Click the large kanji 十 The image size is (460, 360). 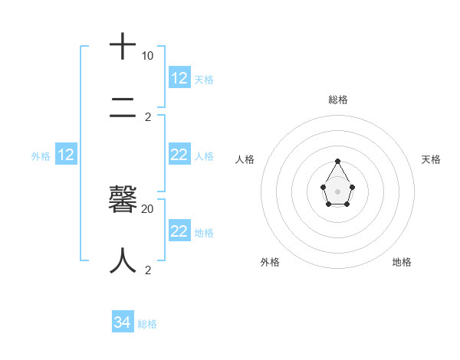[123, 47]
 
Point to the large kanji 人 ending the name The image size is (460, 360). [123, 260]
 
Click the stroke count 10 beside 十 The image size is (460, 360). [147, 56]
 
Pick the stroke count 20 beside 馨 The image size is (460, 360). [148, 208]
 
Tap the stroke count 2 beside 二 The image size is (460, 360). [148, 117]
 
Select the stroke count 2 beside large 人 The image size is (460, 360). [148, 270]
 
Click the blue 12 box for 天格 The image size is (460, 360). [179, 78]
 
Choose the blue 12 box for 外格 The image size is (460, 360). [66, 155]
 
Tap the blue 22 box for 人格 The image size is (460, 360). [179, 155]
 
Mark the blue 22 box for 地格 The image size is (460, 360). [179, 231]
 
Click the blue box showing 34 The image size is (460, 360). [123, 322]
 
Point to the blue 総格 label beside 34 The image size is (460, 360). [147, 324]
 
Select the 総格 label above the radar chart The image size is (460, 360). [337, 100]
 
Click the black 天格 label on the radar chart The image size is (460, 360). [431, 159]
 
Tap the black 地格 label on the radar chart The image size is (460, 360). [402, 262]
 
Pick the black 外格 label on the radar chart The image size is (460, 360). [270, 262]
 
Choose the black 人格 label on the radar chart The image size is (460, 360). [245, 159]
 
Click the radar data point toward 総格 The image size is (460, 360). [337, 161]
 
